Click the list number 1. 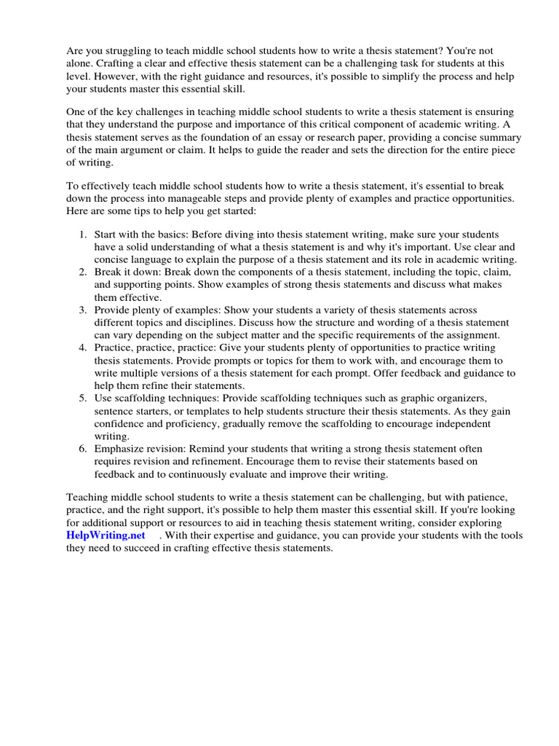coord(82,235)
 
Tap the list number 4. coord(82,348)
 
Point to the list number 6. coord(82,449)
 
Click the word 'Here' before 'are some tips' coord(78,211)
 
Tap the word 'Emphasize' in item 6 coord(120,449)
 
